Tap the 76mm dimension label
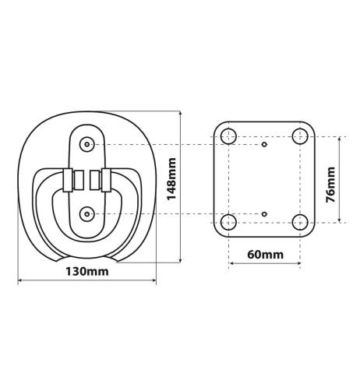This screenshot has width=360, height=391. (330, 183)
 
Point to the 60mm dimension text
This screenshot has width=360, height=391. (263, 255)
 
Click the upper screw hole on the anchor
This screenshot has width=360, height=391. (86, 144)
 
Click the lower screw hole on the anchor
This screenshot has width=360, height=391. (86, 213)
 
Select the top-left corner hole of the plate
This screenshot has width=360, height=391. (228, 137)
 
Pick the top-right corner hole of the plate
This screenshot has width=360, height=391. (299, 137)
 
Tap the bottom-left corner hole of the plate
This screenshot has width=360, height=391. (228, 223)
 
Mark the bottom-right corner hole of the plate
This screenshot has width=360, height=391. (299, 223)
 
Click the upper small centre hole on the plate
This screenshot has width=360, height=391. (264, 145)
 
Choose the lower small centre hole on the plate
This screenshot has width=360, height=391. (264, 213)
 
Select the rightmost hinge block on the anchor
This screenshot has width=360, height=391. (107, 180)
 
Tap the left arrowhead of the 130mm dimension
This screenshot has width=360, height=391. (20, 281)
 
